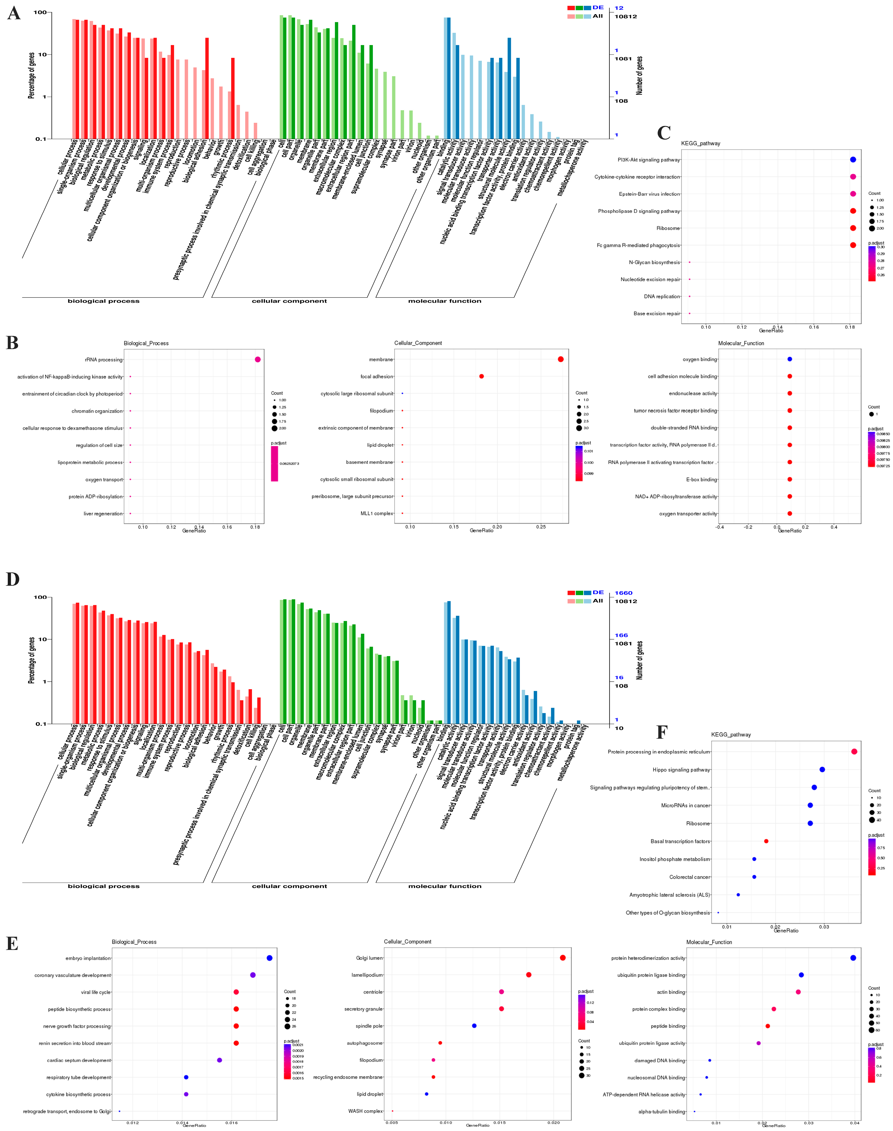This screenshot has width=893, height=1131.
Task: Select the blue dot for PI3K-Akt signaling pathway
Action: tap(853, 159)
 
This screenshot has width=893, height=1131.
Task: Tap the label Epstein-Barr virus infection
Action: tap(649, 194)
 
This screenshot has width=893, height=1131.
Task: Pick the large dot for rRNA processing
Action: tap(258, 359)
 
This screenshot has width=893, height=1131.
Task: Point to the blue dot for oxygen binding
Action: tap(789, 359)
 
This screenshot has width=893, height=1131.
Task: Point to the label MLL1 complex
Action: tap(376, 513)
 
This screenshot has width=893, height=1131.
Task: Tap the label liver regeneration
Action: tap(103, 513)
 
